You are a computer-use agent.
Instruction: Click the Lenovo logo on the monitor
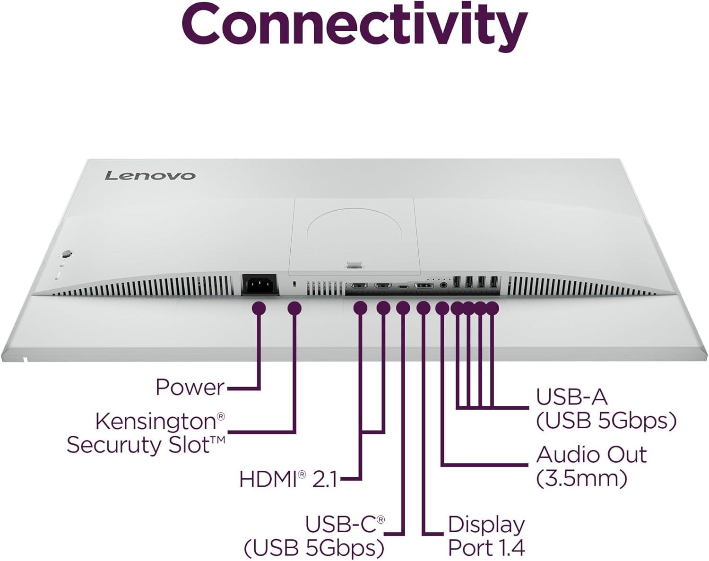(x=149, y=175)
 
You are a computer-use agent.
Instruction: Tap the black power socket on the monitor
(x=259, y=285)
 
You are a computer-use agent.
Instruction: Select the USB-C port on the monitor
(x=403, y=286)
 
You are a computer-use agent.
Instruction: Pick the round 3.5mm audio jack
(x=443, y=285)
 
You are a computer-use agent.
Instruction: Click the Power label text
(x=190, y=388)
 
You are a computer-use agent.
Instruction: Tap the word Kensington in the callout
(x=156, y=421)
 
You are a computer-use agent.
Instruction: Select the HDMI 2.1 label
(x=288, y=479)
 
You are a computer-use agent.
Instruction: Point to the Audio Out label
(x=591, y=455)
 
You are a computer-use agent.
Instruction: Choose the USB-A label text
(x=571, y=397)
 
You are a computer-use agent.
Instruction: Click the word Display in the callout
(x=486, y=525)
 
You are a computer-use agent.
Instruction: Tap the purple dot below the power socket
(x=259, y=309)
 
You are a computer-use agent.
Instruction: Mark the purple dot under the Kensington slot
(x=294, y=309)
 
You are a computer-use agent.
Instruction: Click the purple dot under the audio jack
(x=442, y=308)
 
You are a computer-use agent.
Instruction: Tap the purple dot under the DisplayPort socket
(x=424, y=308)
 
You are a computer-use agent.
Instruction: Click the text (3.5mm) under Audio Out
(x=581, y=478)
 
